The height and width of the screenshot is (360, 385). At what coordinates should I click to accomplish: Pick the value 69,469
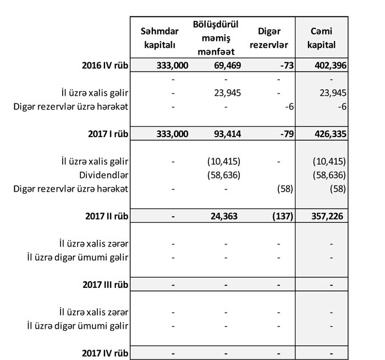tap(226, 66)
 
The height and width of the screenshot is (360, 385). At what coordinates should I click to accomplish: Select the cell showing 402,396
tap(328, 66)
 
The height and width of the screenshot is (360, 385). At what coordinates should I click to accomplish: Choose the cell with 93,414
tap(226, 133)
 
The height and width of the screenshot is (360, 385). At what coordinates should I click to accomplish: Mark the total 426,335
tap(328, 133)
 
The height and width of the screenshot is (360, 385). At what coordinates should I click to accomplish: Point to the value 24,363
tap(226, 216)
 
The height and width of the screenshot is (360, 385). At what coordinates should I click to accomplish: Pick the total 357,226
tap(328, 216)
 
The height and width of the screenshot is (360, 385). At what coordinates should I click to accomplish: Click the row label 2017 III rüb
tap(103, 285)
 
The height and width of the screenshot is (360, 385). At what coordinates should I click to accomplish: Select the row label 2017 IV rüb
tap(103, 352)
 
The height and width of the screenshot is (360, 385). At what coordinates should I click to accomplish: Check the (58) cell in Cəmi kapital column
tap(336, 189)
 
